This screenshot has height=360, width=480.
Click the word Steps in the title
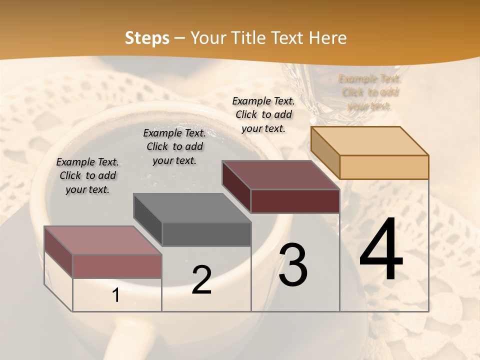146,38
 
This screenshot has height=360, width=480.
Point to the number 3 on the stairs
293,265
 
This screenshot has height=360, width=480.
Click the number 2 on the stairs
201,280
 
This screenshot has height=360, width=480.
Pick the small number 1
116,295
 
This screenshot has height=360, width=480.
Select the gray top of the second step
192,208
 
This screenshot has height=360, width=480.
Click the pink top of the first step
103,240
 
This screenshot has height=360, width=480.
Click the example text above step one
87,175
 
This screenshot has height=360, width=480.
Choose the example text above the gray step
174,146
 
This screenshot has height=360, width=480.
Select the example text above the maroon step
263,114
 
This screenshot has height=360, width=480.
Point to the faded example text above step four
370,92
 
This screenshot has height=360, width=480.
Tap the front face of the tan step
384,167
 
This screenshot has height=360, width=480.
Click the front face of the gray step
206,234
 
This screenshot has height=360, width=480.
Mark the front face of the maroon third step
295,201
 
